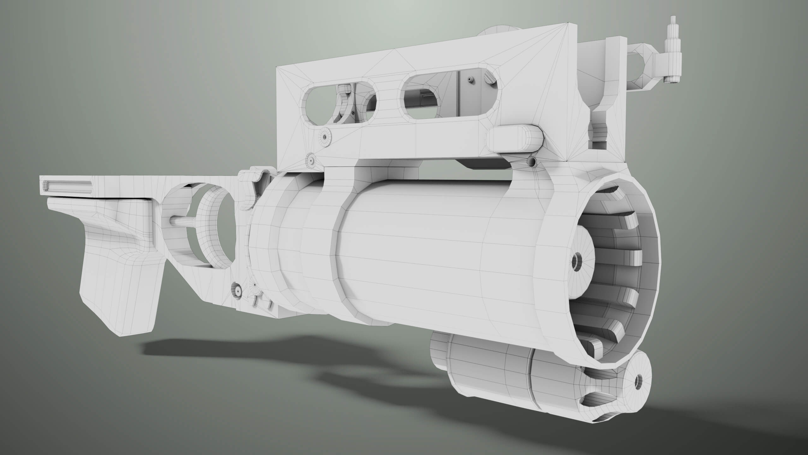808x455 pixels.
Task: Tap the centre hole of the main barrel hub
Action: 576,261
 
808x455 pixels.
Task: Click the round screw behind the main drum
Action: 237,288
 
